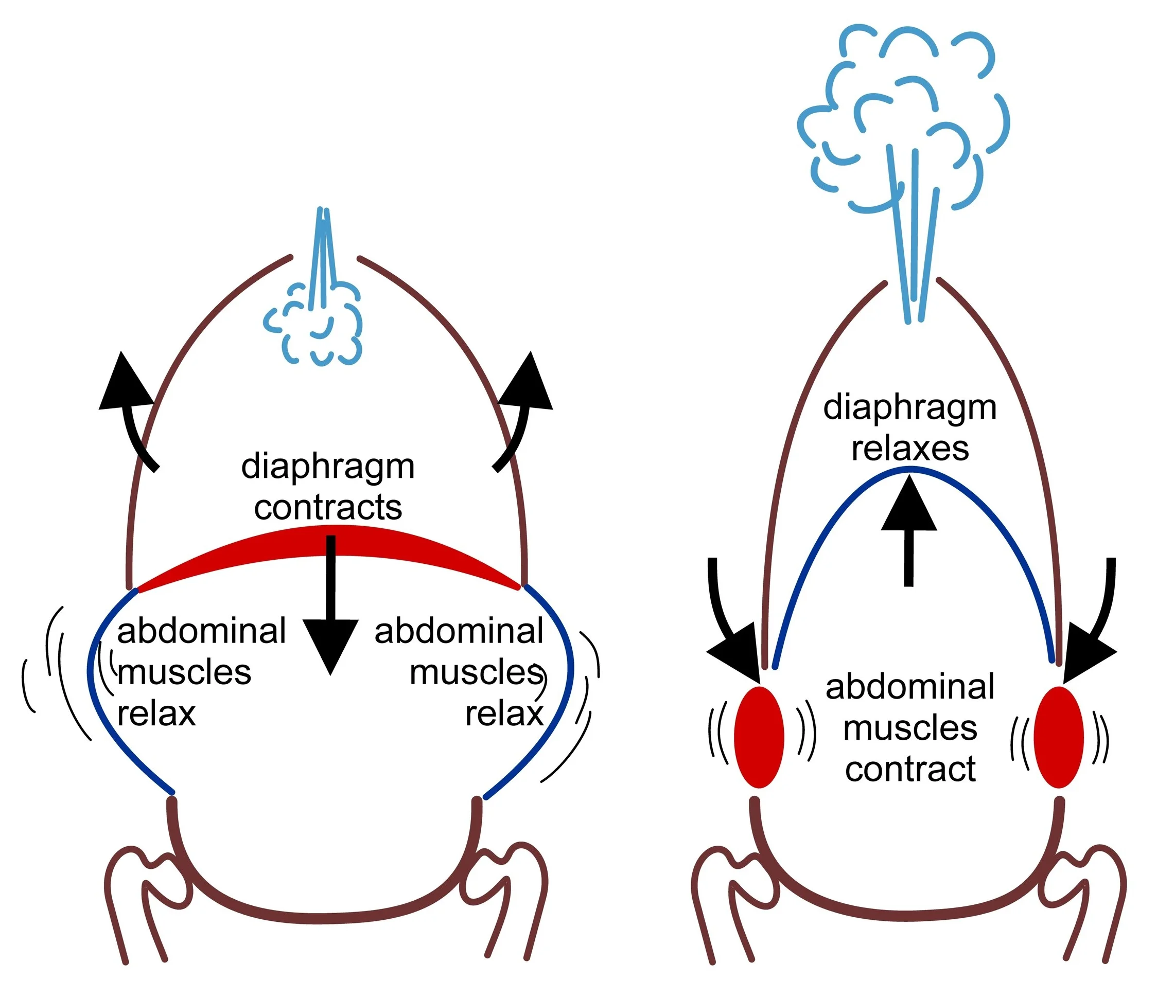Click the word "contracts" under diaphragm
click(328, 508)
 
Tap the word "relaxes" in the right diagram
click(910, 449)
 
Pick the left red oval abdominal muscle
click(759, 737)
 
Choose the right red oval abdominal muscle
click(1059, 737)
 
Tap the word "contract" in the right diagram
click(910, 769)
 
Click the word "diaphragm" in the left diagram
click(328, 467)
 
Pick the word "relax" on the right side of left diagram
click(504, 714)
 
